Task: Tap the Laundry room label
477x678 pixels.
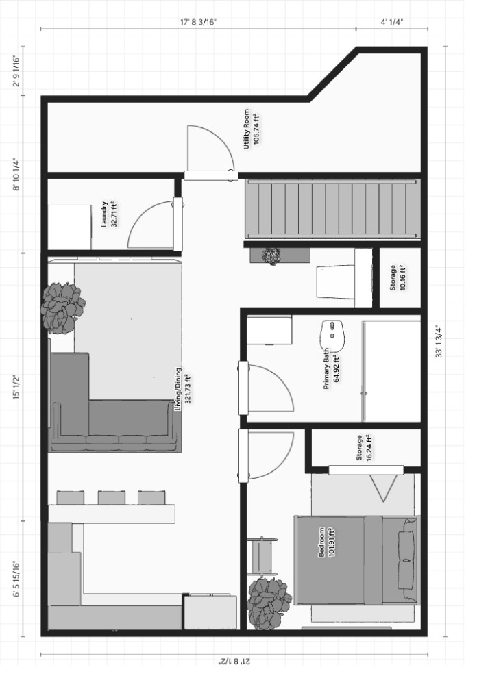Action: coord(109,214)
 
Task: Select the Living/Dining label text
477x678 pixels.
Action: coord(182,388)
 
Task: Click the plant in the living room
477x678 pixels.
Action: coord(63,307)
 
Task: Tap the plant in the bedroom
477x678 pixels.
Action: coord(269,602)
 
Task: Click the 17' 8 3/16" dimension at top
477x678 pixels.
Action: coord(198,22)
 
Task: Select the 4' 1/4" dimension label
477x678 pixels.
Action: coord(391,22)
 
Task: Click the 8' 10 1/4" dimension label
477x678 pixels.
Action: coord(16,175)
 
